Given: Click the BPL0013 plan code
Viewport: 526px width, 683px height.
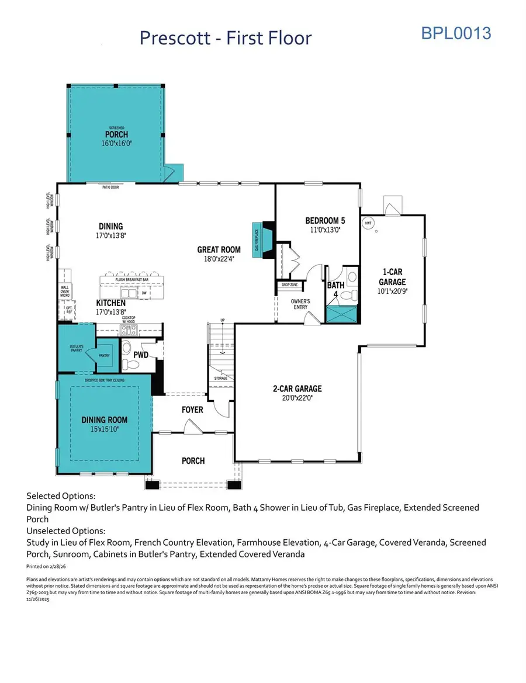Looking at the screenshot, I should point(456,33).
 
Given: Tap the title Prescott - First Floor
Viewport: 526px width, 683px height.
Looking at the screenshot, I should point(226,38).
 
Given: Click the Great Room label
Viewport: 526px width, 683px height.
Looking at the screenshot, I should point(219,254).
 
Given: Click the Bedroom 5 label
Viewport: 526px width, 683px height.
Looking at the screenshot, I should point(325,225).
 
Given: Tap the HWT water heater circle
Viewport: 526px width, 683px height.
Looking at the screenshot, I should point(368,223).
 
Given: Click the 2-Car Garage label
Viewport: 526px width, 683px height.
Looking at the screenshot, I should point(297,393).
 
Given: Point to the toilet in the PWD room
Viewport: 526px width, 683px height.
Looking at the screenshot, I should point(131,364).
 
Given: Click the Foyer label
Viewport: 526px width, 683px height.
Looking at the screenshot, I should point(192,410).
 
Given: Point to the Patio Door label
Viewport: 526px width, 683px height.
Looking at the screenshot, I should point(110,188).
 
